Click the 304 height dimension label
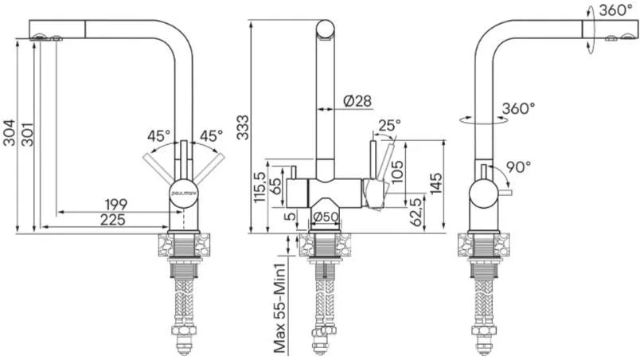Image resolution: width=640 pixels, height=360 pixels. pos(9,133)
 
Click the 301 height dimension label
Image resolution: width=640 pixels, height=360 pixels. pos(27,134)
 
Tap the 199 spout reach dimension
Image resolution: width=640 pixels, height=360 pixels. pos(116,204)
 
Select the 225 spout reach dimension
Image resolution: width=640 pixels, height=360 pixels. pos(113,220)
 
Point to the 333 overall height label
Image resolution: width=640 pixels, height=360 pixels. pos(243,127)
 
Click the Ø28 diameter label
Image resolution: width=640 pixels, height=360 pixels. pos(357,101)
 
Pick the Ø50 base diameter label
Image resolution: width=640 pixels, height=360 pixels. pos(326,217)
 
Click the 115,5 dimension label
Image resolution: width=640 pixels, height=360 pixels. pos(260,187)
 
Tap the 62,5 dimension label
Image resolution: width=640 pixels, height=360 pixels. pos(417,212)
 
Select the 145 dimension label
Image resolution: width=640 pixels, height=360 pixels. pos(436,183)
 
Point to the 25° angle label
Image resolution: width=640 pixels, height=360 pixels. pos(389,125)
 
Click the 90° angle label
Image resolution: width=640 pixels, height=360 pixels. pos(518,166)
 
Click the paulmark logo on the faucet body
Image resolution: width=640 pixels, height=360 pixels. pos(184,191)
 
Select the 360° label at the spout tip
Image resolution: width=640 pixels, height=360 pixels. pos(615,10)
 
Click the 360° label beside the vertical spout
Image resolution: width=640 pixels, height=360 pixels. pos(518,108)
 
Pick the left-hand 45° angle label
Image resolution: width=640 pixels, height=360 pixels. pos(158,135)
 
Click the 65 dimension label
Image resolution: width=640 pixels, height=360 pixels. pos(276,186)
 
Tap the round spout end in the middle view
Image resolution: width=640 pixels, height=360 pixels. pos(326,29)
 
